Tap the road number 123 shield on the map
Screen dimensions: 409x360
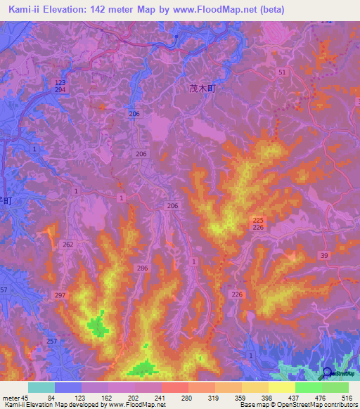coord(60,83)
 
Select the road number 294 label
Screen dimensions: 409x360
coord(60,91)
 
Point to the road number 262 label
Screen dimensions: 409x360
coord(68,245)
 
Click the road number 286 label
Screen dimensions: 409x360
coord(142,268)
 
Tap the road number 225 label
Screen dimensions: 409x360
coord(257,219)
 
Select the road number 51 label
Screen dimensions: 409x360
coord(282,72)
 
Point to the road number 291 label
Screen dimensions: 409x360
coord(326,22)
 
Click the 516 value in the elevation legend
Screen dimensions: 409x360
coord(348,398)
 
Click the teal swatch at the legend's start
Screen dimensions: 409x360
coord(41,387)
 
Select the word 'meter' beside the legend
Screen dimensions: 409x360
coord(11,398)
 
